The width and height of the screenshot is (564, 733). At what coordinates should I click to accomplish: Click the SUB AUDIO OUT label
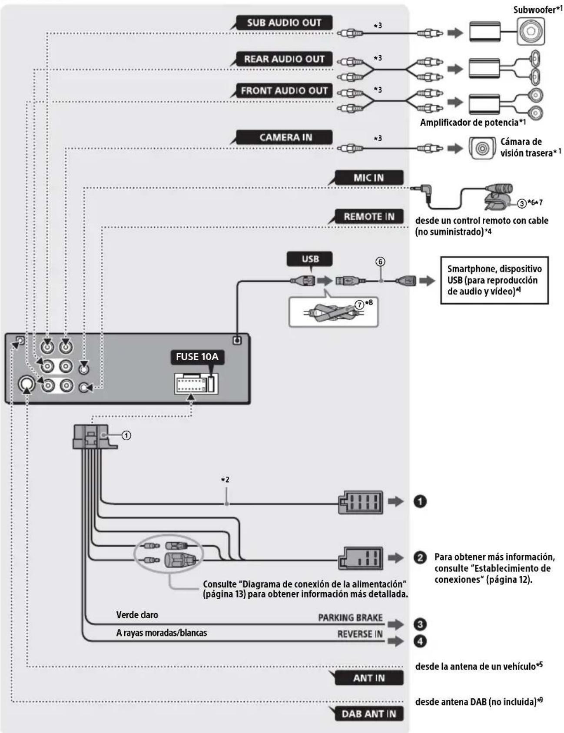(284, 23)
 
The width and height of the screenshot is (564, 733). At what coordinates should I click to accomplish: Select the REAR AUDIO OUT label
(284, 59)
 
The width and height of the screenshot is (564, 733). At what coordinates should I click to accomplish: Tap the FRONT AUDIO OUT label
(284, 90)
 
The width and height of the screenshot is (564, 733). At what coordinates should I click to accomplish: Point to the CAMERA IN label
(285, 137)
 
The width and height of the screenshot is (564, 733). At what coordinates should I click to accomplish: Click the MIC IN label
(368, 177)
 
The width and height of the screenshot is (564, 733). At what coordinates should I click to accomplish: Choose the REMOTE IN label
(368, 216)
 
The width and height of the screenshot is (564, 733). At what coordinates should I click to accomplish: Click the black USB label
(310, 259)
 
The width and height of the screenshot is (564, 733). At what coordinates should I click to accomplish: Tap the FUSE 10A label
(197, 357)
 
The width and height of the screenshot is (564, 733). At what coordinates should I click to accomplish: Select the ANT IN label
(368, 678)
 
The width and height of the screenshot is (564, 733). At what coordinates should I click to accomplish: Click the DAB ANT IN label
(368, 714)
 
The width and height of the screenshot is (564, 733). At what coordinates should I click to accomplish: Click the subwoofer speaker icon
(531, 32)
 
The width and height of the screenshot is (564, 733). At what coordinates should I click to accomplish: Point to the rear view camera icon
(481, 148)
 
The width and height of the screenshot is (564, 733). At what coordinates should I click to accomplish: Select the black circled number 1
(420, 501)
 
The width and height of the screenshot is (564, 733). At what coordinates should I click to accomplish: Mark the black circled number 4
(420, 641)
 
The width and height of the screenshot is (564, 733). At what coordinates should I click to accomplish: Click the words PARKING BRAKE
(350, 617)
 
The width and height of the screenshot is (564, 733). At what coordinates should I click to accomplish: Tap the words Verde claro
(137, 615)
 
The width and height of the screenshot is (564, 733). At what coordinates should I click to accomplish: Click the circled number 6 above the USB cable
(381, 262)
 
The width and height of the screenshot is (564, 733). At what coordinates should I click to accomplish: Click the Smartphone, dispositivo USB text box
(494, 280)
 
